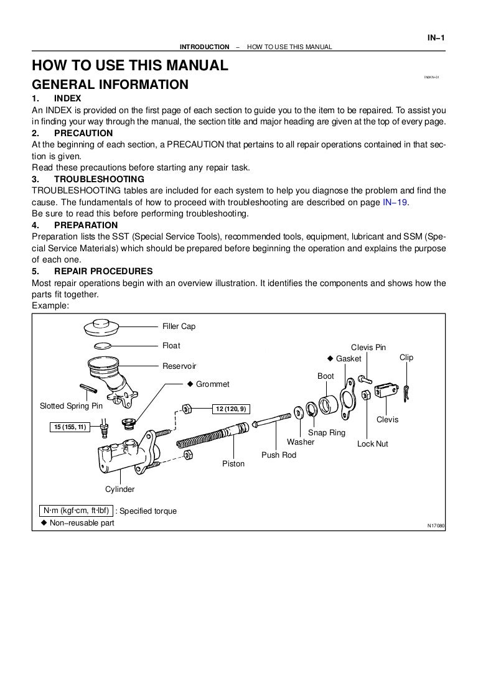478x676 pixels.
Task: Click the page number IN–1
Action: (436, 37)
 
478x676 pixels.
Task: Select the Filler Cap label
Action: (179, 326)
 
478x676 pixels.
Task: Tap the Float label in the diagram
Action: (171, 346)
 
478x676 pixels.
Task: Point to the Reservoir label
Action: (179, 366)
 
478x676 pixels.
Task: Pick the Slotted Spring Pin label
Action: (71, 406)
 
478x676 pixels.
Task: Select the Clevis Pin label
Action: (368, 347)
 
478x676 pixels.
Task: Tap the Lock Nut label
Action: (372, 444)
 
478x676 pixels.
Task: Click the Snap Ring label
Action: (327, 432)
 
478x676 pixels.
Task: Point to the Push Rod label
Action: (279, 455)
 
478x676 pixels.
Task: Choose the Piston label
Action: (233, 464)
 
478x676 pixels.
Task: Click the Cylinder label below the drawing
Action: (119, 489)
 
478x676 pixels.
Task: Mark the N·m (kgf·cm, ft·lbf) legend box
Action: (75, 511)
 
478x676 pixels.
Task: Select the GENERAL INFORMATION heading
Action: (110, 84)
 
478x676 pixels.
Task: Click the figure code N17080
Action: (436, 526)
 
